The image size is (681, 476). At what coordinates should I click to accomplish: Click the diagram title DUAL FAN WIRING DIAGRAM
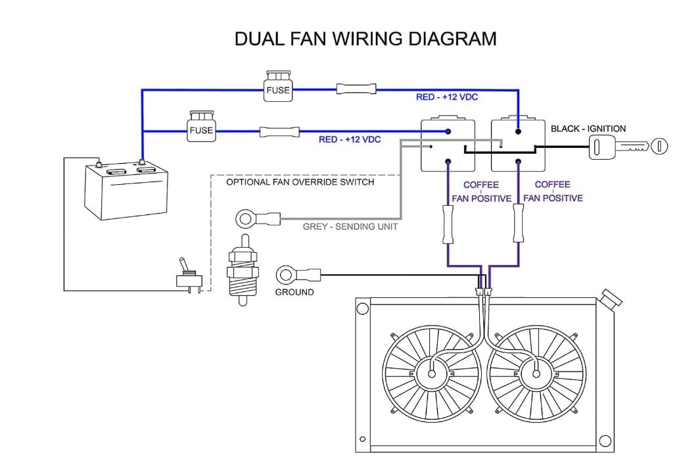point(365,39)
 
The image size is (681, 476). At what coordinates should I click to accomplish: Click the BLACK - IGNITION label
point(588,129)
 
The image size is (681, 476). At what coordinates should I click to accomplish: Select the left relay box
point(448,145)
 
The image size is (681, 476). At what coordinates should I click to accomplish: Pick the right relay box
point(519,145)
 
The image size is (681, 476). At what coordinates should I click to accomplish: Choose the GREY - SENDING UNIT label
point(350,227)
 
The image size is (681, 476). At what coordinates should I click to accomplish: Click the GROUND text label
point(294,292)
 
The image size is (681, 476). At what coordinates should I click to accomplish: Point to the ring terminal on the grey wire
point(247,216)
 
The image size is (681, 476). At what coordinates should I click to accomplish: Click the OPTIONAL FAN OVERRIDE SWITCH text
point(300,182)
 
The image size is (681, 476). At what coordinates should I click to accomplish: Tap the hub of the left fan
point(431,373)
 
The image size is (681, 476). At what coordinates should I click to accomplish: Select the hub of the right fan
point(536,373)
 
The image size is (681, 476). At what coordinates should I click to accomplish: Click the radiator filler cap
point(611,300)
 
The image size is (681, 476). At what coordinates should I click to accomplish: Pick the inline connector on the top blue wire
point(356,89)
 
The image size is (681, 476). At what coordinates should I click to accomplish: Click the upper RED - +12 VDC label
point(447,97)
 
